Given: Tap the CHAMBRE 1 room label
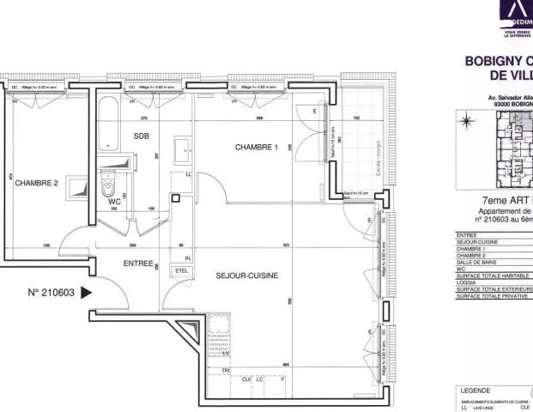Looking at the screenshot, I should [x=257, y=147].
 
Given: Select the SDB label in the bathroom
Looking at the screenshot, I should [x=141, y=136].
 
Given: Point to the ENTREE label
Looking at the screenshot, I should [x=138, y=264].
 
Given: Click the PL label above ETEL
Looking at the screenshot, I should [x=187, y=257].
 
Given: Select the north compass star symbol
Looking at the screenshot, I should [x=468, y=119].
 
